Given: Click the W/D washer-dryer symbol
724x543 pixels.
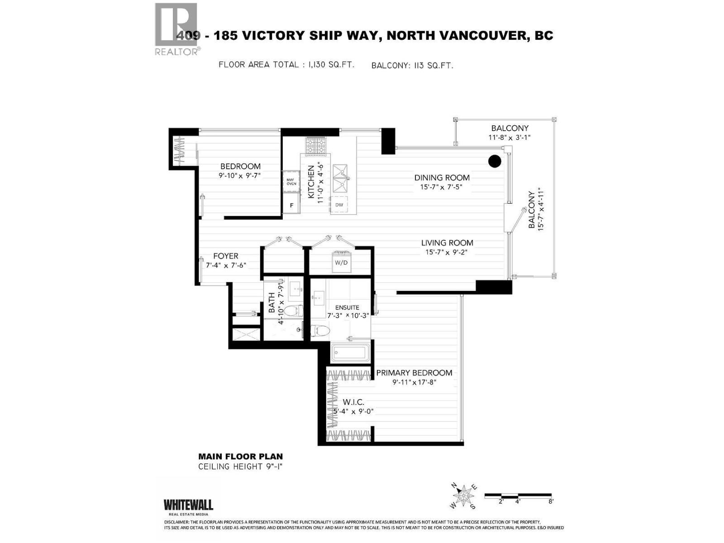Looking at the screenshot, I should point(342,262).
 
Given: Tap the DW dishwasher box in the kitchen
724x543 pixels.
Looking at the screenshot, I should point(339,205).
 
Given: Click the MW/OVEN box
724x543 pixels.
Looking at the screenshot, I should point(291,181).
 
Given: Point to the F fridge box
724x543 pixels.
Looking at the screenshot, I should point(291,205).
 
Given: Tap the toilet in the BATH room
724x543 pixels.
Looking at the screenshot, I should point(295,311).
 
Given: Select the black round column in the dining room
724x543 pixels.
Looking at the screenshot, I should point(495,161).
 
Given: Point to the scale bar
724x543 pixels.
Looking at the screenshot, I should point(518,496).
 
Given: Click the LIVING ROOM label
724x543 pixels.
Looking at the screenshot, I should point(447,243).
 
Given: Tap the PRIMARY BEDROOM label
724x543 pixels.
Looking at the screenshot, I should point(414,373).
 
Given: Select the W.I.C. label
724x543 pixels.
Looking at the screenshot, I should point(353,402).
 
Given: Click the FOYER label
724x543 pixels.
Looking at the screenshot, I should point(225,256).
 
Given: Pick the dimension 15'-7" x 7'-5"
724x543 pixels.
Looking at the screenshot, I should point(438,186).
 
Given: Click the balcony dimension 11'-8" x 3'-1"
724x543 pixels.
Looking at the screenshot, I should point(509,138).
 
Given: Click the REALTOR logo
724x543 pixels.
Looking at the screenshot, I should point(176,29).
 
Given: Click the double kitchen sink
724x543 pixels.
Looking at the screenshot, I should point(342,178).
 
